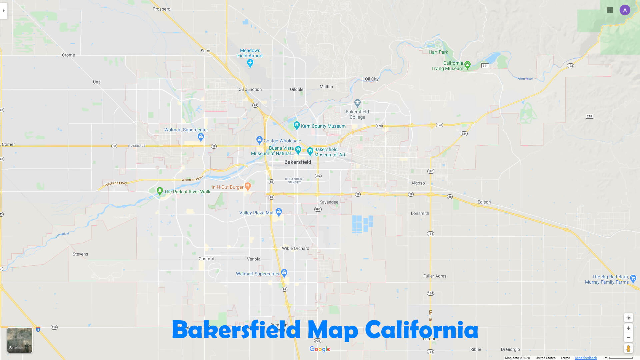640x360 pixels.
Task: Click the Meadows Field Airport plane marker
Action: [x=250, y=63]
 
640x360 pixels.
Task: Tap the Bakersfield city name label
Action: [x=298, y=162]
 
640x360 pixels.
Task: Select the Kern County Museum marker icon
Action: [x=297, y=125]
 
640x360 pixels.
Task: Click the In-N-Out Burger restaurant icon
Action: [x=248, y=186]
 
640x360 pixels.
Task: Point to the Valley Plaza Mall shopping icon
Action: [x=279, y=211]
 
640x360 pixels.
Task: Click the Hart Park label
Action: [x=438, y=52]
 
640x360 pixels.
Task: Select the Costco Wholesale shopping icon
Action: [x=259, y=140]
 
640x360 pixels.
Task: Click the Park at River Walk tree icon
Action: [x=160, y=191]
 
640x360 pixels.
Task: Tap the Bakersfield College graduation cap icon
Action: [x=357, y=102]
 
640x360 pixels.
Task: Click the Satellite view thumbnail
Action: [x=20, y=340]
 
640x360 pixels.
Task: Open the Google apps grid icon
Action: [x=610, y=10]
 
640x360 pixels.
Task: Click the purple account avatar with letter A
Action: [x=625, y=10]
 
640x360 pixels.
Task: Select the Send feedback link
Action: [x=586, y=358]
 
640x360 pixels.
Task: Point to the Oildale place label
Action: [x=297, y=89]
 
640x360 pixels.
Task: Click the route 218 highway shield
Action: [x=589, y=116]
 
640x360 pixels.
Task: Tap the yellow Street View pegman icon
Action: [x=628, y=349]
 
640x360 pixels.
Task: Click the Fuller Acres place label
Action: [x=435, y=276]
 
